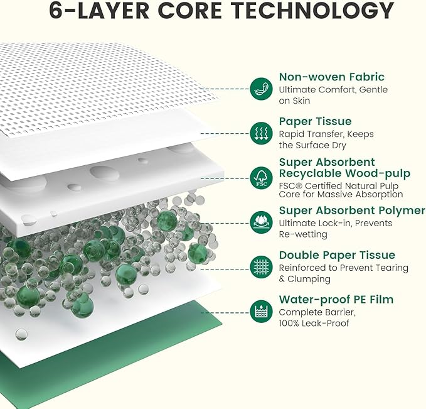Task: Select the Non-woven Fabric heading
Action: [332, 77]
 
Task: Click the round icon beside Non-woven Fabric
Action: [262, 89]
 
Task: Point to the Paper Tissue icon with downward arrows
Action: [262, 133]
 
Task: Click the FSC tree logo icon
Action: [262, 178]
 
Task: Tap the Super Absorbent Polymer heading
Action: [352, 210]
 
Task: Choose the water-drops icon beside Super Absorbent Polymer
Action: [262, 222]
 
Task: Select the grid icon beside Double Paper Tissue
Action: [262, 267]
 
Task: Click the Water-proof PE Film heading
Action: [336, 299]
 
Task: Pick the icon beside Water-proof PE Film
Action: [262, 312]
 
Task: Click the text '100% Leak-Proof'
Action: [314, 324]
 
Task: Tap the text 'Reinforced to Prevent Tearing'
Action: [344, 268]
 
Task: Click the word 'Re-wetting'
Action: [303, 234]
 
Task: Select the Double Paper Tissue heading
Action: [337, 255]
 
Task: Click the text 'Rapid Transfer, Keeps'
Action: [326, 134]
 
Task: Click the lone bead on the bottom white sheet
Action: [21, 334]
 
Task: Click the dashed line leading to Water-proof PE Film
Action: [225, 312]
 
